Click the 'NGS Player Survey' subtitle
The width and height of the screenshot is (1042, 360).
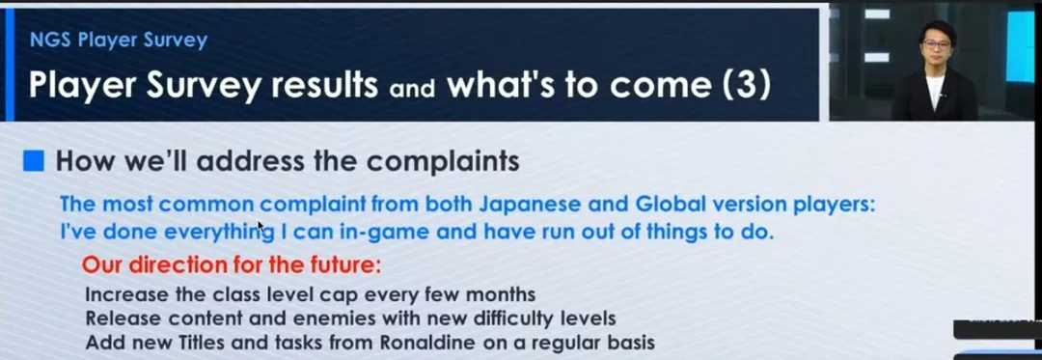pyautogui.click(x=119, y=41)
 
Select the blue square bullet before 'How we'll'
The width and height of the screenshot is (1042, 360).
pyautogui.click(x=33, y=161)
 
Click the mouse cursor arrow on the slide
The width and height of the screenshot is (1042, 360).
pyautogui.click(x=261, y=227)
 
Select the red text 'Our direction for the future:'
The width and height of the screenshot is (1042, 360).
pyautogui.click(x=232, y=265)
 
